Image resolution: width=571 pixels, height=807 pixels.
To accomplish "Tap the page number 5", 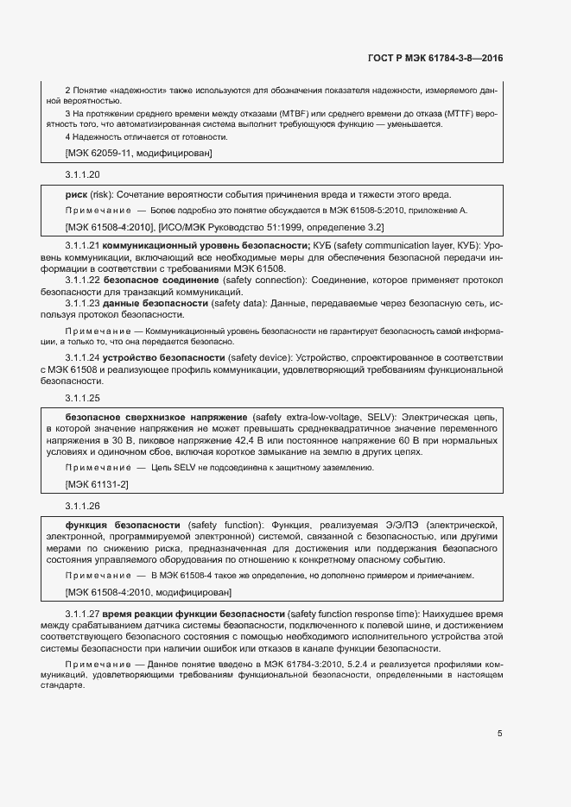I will click(x=499, y=734).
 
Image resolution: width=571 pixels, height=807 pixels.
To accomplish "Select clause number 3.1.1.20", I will click(x=83, y=174).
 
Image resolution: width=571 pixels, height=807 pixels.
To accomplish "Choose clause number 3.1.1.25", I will click(x=83, y=398).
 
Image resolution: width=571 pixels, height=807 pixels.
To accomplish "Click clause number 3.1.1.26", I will click(x=83, y=506).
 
